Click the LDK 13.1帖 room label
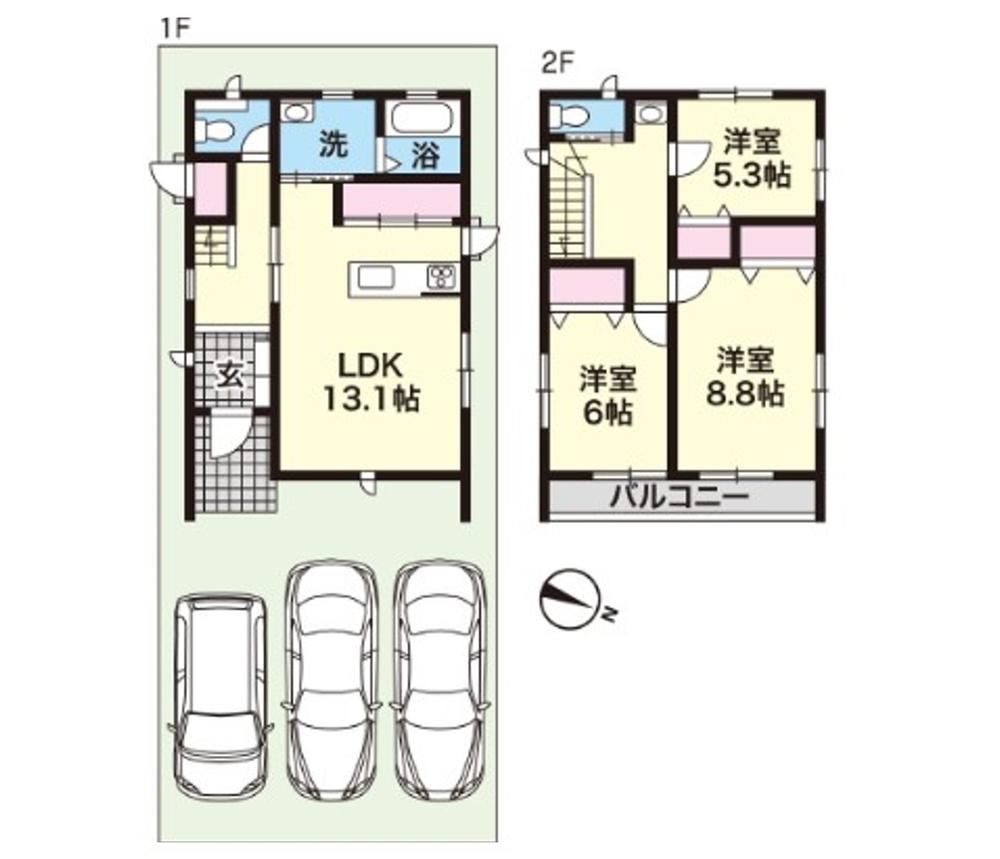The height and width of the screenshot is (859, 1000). (x=371, y=382)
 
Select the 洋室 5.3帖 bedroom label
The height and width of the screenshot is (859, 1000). (x=752, y=158)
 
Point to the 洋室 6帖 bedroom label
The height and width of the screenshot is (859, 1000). (x=608, y=396)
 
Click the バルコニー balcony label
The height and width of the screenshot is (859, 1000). (x=679, y=496)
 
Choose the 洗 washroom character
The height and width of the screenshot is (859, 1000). (x=334, y=144)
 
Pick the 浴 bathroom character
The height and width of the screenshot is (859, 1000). (x=425, y=155)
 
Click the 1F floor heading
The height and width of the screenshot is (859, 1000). (x=175, y=29)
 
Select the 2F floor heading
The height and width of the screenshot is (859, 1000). (x=559, y=63)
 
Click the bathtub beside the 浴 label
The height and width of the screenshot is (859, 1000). (x=422, y=119)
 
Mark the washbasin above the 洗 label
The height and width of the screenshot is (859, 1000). (x=296, y=112)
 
